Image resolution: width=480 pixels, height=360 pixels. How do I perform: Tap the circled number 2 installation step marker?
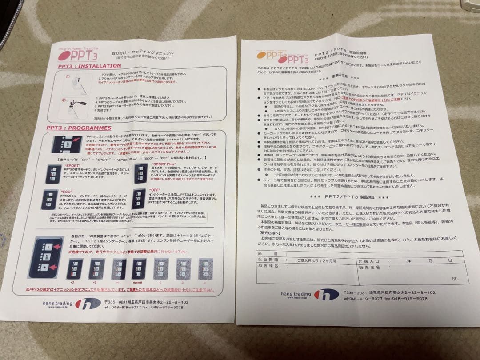pyautogui.click(x=64, y=100)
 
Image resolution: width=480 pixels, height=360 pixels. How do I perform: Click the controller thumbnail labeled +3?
pyautogui.click(x=74, y=269)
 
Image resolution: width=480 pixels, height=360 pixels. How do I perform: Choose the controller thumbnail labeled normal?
pyautogui.click(x=139, y=269)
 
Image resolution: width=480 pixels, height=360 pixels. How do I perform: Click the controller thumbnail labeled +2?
pyautogui.click(x=95, y=269)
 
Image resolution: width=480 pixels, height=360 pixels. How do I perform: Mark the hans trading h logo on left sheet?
pyautogui.click(x=88, y=304)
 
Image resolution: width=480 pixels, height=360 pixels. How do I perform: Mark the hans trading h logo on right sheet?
pyautogui.click(x=326, y=295)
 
